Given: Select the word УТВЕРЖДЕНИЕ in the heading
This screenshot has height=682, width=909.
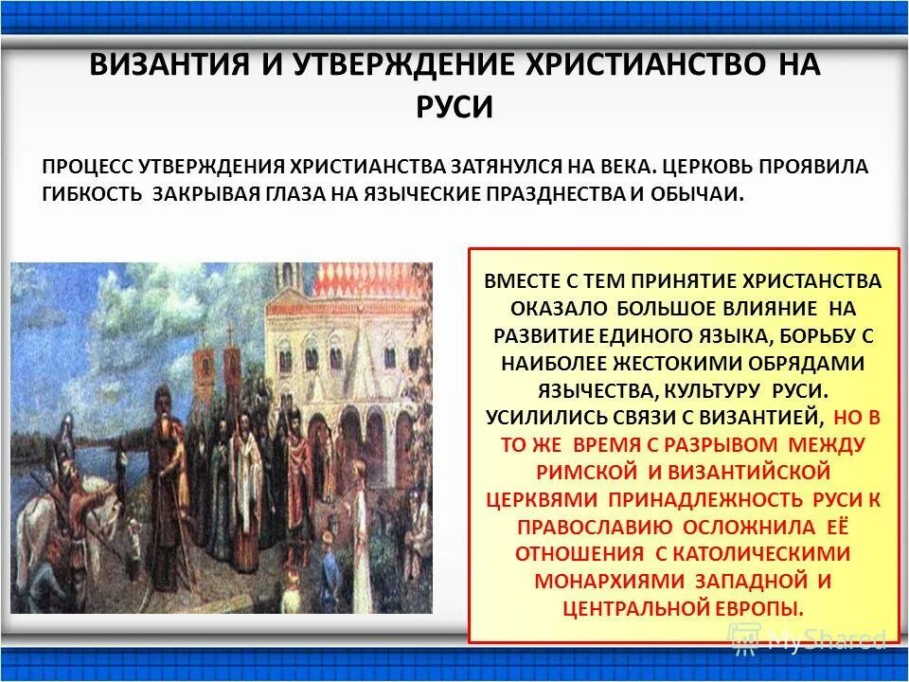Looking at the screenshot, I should (x=372, y=66).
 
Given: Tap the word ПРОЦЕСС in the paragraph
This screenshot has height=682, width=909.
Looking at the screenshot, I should (x=87, y=167).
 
